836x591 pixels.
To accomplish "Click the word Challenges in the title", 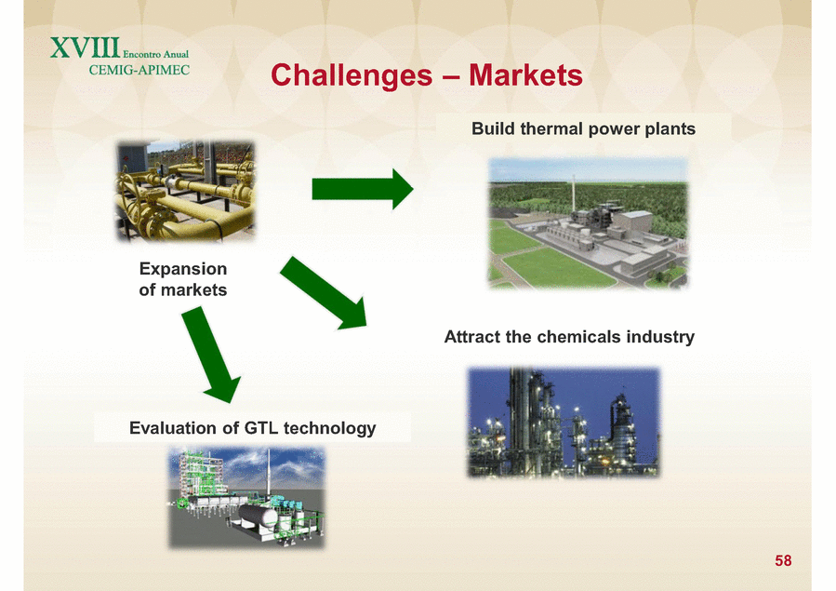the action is tap(352, 75).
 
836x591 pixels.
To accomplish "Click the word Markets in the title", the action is tap(525, 74).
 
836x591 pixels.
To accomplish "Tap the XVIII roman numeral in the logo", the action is tap(86, 48).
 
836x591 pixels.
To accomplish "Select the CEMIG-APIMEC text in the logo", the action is tap(139, 70).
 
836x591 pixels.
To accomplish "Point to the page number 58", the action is tap(783, 560).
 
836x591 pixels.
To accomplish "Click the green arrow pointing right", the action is tap(363, 189).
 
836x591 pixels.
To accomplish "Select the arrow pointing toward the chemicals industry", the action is tap(324, 292).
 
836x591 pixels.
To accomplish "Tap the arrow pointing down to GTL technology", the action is tap(211, 355).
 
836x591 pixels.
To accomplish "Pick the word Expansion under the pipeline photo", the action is tap(183, 269).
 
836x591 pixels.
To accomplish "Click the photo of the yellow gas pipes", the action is tap(186, 191).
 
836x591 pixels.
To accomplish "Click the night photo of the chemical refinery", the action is tap(564, 422).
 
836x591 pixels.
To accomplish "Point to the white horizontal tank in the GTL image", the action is tap(258, 517).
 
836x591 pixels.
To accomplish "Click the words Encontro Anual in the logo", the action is tap(155, 54).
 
